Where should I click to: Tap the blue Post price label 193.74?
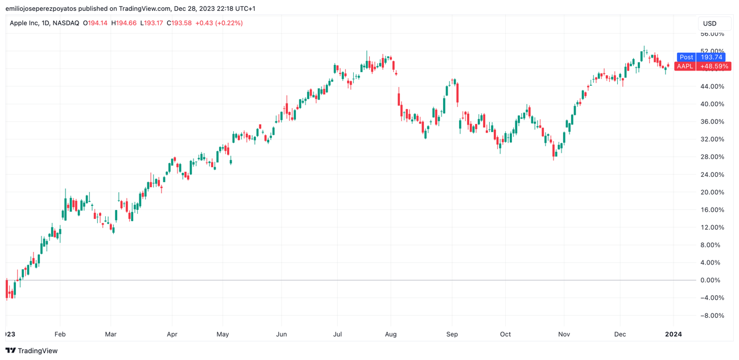(700, 57)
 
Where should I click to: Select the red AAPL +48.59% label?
(702, 67)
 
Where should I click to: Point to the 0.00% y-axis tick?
(712, 280)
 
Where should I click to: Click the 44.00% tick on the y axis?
(712, 86)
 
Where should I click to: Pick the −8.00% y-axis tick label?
(712, 316)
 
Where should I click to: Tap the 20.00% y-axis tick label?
(712, 192)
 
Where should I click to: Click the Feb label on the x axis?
(60, 334)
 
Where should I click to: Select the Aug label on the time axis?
(391, 334)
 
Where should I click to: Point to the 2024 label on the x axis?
(673, 334)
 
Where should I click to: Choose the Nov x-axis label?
(564, 334)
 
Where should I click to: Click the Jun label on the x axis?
(281, 334)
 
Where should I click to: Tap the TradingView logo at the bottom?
(31, 351)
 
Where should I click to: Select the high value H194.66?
(124, 23)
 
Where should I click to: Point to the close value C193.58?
(179, 23)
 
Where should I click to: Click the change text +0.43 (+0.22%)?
(219, 23)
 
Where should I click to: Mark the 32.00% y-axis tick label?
(712, 139)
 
